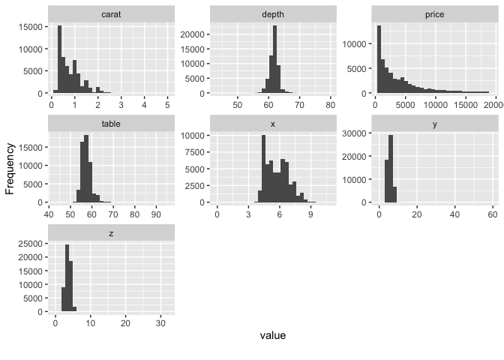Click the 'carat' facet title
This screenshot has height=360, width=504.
pos(112,14)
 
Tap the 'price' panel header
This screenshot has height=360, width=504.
pos(434,14)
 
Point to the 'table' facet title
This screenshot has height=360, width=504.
pos(112,124)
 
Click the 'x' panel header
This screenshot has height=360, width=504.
pos(273,124)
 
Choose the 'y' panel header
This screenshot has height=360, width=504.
pos(434,124)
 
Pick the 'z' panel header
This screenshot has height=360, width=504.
pos(112,233)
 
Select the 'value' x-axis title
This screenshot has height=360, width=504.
pos(272,335)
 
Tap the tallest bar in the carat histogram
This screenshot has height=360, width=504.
pos(59,60)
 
